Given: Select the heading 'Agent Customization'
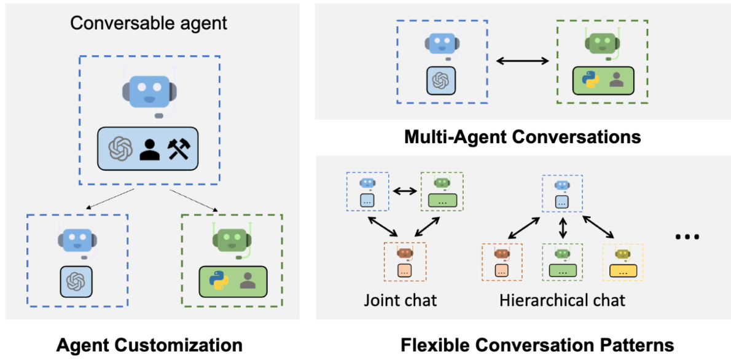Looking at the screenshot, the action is coord(149,345).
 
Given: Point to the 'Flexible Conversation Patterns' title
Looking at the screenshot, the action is coord(537,345).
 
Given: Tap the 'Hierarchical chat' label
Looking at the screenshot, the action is coord(562,300).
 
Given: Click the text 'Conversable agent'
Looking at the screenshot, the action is coord(149,23).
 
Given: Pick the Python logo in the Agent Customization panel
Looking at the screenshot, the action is coord(218,281).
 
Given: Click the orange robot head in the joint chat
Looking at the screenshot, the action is coord(405,253).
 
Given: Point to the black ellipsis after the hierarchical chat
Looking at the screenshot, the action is coord(687,237).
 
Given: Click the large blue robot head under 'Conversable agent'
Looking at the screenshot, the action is coord(149,90).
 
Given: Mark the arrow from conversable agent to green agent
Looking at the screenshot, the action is coord(193,200).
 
